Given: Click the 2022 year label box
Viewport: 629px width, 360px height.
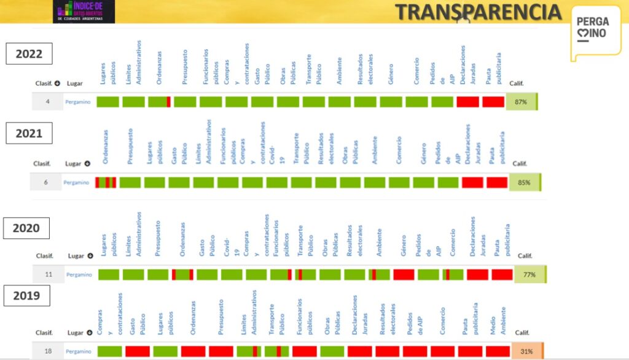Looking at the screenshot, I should [29, 53].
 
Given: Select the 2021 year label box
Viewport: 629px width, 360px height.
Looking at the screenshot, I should [29, 133].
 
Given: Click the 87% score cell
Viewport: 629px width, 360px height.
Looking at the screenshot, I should [521, 102].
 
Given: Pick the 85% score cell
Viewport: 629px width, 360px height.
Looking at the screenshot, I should [524, 182].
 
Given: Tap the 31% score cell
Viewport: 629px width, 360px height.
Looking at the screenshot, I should [526, 351].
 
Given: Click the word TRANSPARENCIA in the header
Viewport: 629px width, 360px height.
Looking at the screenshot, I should [478, 12].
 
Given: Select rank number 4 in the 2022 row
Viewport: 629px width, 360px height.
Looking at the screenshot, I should [47, 102].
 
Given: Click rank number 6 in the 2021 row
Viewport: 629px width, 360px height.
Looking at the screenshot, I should [46, 182].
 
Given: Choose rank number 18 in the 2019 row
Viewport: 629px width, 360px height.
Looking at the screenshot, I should [47, 351].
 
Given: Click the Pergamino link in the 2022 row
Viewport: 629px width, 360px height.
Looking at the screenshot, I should [79, 102].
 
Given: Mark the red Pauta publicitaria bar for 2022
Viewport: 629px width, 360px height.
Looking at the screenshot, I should [493, 102].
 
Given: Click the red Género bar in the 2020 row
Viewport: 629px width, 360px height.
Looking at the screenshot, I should [404, 275].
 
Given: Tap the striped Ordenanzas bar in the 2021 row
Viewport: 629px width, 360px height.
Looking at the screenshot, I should [106, 182].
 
